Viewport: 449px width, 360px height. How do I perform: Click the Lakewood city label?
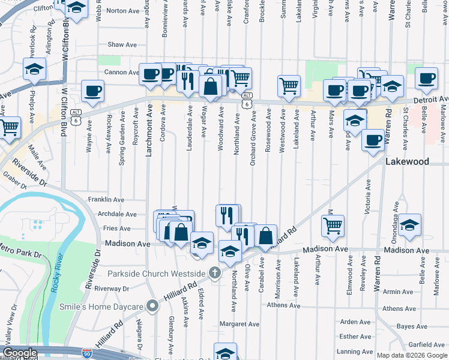click(407, 162)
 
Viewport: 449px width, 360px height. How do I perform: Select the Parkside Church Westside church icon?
click(215, 274)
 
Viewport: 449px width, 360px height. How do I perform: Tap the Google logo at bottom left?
click(20, 353)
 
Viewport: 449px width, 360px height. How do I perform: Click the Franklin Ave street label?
click(106, 200)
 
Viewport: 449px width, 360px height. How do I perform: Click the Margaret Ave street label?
click(238, 324)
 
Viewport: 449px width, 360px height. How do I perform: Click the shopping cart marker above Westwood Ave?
click(289, 86)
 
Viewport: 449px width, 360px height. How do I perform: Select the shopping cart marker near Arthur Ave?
click(333, 226)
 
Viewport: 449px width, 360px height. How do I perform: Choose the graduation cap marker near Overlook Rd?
click(35, 69)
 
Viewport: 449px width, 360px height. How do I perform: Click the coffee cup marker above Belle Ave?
click(426, 79)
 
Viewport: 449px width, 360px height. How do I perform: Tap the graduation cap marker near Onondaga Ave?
click(409, 225)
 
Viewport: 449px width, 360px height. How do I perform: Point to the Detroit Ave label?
click(431, 99)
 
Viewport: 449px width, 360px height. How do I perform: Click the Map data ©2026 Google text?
click(411, 355)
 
